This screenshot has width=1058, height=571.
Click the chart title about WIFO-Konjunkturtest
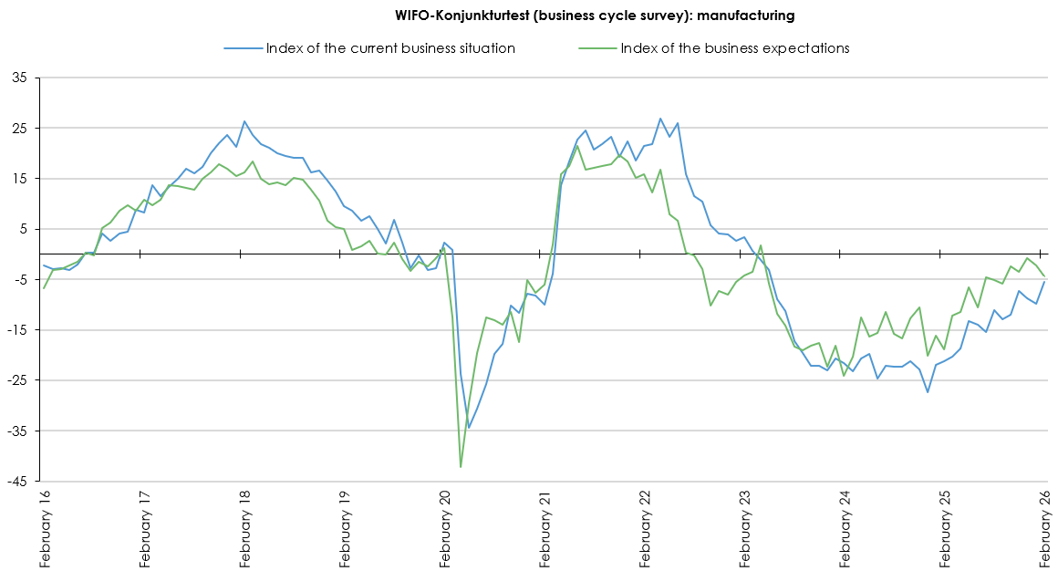595,15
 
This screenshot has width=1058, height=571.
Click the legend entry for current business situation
390,48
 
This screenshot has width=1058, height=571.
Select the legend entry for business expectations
734,48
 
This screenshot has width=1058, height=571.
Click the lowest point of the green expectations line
461,467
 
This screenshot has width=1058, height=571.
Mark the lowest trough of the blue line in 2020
469,427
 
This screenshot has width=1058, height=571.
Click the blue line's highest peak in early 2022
660,119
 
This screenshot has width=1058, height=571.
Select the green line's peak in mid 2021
577,146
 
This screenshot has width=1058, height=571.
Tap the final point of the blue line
1044,281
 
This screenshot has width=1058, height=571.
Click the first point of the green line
44,288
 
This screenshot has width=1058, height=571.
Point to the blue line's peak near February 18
244,121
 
